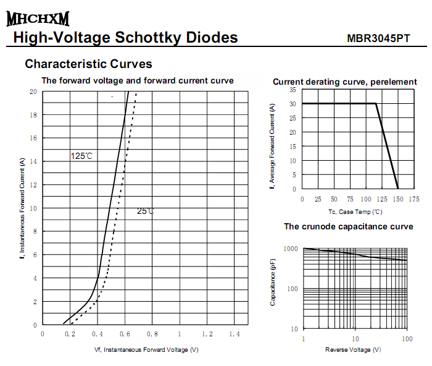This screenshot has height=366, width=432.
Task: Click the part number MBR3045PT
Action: click(378, 38)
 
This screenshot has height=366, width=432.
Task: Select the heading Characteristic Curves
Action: click(88, 64)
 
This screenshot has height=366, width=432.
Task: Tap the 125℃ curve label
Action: click(81, 156)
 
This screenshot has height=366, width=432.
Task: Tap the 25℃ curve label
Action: click(145, 211)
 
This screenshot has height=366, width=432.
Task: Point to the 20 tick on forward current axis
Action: click(33, 91)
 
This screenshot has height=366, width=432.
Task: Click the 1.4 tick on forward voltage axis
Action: click(235, 334)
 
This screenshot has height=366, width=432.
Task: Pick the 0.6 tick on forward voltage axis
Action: click(125, 334)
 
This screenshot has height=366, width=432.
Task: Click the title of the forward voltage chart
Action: click(137, 81)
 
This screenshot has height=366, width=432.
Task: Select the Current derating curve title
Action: click(345, 82)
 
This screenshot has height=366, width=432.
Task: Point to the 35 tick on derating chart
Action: click(293, 90)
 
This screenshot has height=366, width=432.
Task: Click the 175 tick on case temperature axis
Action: click(413, 199)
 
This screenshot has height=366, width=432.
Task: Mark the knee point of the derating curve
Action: click(376, 103)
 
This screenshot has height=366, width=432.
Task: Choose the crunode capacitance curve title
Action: click(348, 227)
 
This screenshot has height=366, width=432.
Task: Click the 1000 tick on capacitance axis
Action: click(290, 249)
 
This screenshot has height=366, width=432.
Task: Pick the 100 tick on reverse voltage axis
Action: click(407, 339)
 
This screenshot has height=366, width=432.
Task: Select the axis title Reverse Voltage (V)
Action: click(353, 350)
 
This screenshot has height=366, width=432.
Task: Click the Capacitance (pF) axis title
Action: click(273, 283)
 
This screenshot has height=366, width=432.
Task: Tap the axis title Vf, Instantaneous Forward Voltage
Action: click(146, 351)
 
